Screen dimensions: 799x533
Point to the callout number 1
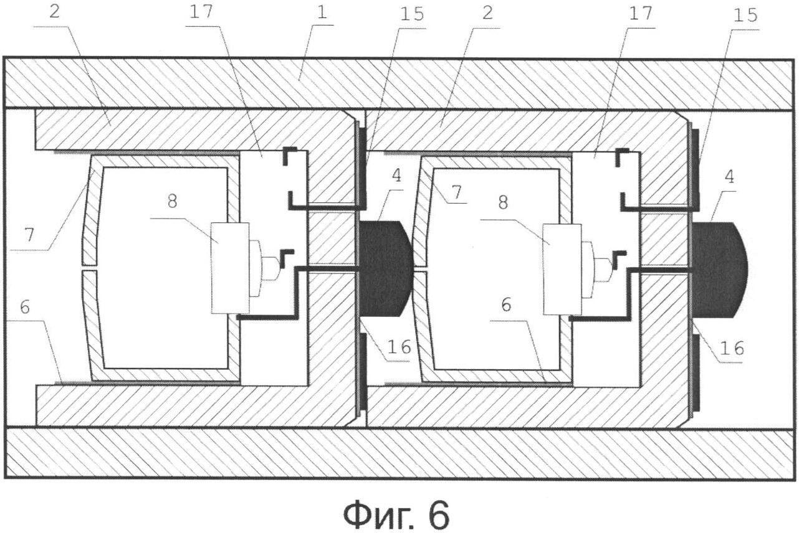coord(322,12)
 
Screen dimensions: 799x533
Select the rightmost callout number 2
coord(487,13)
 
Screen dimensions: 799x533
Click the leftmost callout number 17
coord(201,11)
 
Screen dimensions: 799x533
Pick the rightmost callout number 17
coord(640,13)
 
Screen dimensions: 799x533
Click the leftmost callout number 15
coord(411,14)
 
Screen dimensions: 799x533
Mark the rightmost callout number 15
coord(745,16)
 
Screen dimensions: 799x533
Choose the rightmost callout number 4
coord(730,177)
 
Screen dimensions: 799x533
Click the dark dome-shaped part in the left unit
coord(386,268)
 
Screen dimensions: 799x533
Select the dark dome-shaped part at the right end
coord(719,270)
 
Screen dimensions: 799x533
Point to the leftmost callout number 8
coord(172,202)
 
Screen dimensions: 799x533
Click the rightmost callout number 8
coord(503,203)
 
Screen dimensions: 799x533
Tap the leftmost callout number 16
coord(399,347)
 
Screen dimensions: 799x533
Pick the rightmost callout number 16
coord(732,349)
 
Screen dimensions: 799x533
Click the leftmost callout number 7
coord(29,235)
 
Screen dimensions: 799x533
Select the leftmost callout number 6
coord(24,307)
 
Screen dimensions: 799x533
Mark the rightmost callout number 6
coord(506,304)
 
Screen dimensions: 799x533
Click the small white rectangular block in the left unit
coord(230,268)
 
